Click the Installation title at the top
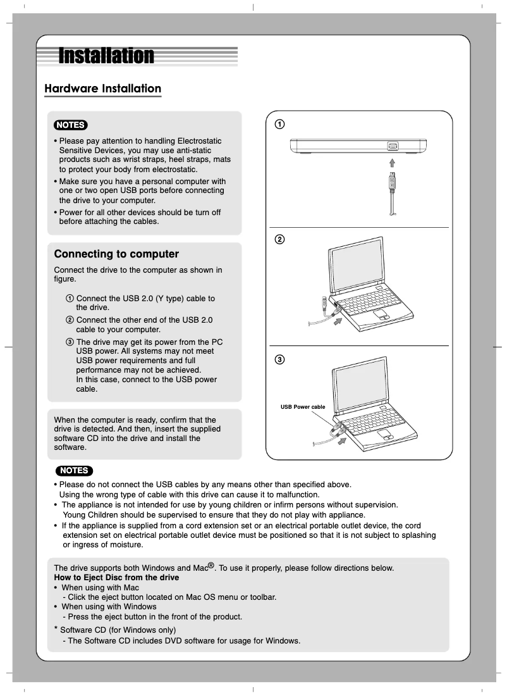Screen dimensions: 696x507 coord(106,56)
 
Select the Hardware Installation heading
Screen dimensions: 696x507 coord(102,89)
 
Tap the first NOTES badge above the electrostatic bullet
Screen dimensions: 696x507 coord(71,124)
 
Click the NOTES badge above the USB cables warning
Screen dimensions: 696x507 coord(75,470)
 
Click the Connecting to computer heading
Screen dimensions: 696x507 coord(116,254)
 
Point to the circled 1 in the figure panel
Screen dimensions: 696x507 coord(279,123)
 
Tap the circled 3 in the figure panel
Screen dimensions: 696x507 coord(279,359)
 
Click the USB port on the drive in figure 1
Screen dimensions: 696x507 coord(392,146)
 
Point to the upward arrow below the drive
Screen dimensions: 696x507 coord(392,163)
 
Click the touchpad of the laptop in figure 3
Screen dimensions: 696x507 coord(386,435)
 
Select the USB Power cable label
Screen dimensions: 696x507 coord(303,407)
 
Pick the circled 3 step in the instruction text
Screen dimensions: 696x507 coord(70,342)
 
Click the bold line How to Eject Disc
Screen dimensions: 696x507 coord(116,578)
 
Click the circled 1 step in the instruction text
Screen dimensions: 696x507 coord(70,299)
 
